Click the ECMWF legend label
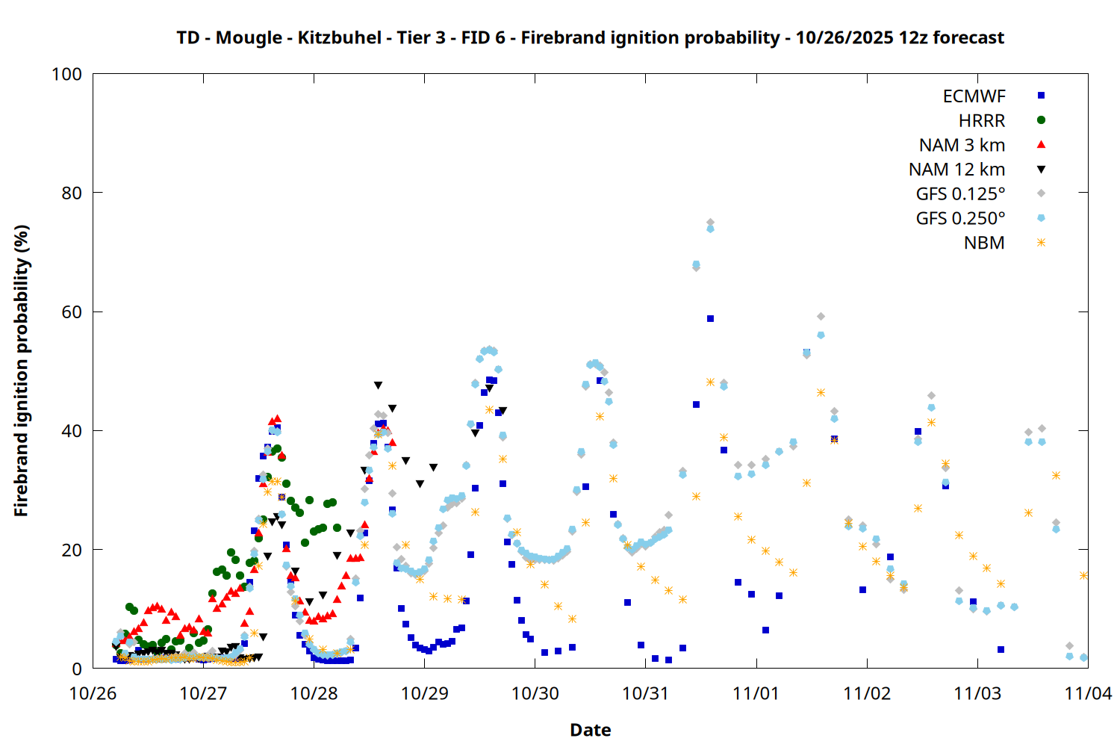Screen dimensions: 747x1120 click(974, 96)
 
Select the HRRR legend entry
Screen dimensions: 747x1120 click(982, 121)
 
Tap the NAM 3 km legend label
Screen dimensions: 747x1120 click(962, 145)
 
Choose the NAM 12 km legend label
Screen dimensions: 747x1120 click(956, 170)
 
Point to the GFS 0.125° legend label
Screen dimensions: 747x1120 click(960, 194)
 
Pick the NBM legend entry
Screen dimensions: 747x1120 click(984, 243)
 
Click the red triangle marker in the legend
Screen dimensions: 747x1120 click(1041, 145)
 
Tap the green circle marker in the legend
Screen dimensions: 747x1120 click(1041, 120)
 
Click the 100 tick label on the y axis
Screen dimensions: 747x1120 click(66, 74)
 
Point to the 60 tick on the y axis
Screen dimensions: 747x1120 click(72, 312)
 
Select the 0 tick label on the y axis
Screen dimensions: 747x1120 click(77, 669)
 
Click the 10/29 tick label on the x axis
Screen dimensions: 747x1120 click(424, 693)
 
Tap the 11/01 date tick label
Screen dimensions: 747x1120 click(756, 693)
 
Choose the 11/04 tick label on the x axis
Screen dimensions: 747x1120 click(1087, 693)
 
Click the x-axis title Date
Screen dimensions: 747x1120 click(590, 730)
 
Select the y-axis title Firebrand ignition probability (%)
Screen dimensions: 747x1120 click(21, 371)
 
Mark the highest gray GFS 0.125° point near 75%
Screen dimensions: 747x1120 click(710, 223)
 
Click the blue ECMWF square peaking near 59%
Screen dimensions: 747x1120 click(710, 319)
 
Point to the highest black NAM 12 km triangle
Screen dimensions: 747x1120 click(378, 385)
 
